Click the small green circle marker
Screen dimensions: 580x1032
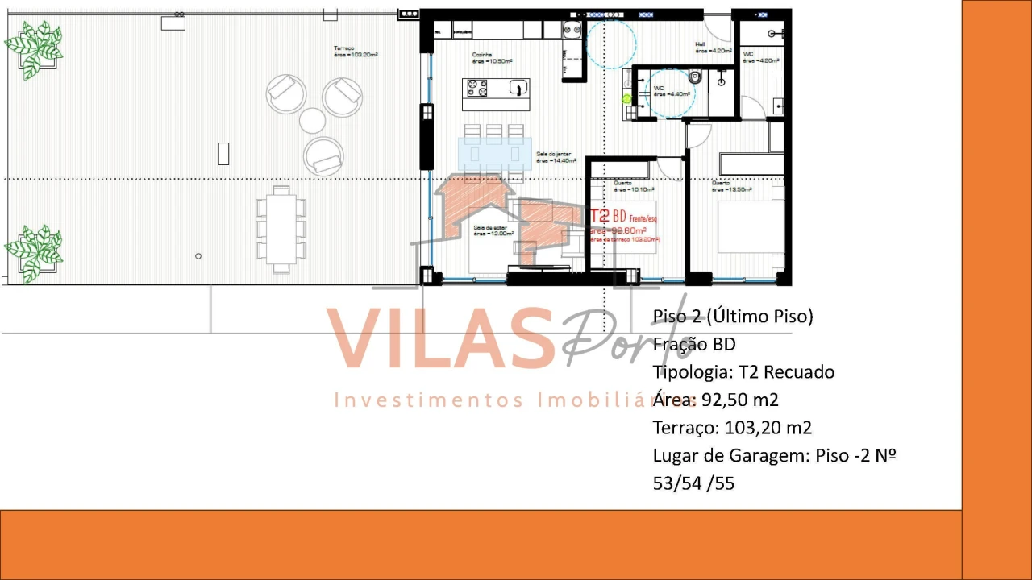point(627,99)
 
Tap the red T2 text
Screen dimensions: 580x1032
point(600,216)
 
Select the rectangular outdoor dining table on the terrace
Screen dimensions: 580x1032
point(281,229)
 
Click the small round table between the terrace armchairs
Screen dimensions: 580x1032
point(312,121)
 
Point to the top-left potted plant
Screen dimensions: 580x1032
point(34,49)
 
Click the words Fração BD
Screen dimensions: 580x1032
point(694,344)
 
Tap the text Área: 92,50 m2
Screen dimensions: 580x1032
point(715,400)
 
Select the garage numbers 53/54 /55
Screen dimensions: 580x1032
point(693,483)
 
